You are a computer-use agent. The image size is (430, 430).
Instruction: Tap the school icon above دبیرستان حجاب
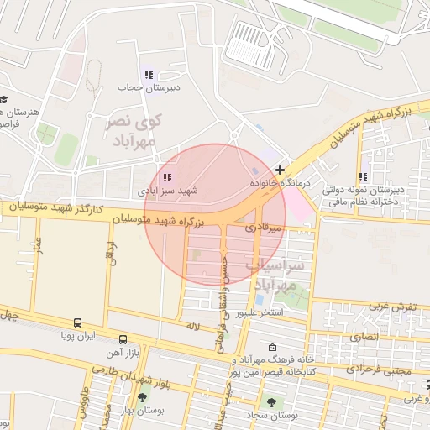pyautogui.click(x=149, y=75)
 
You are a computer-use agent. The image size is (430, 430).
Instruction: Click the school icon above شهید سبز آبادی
pyautogui.click(x=167, y=177)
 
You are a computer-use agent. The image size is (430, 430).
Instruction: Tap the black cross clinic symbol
pyautogui.click(x=280, y=169)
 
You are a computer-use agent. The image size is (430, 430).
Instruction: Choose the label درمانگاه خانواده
pyautogui.click(x=281, y=181)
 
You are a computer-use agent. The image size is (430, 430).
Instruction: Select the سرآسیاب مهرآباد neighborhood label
pyautogui.click(x=273, y=275)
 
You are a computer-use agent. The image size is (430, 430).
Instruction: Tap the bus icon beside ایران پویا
pyautogui.click(x=78, y=322)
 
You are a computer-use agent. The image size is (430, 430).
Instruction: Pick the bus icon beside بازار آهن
pyautogui.click(x=123, y=341)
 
